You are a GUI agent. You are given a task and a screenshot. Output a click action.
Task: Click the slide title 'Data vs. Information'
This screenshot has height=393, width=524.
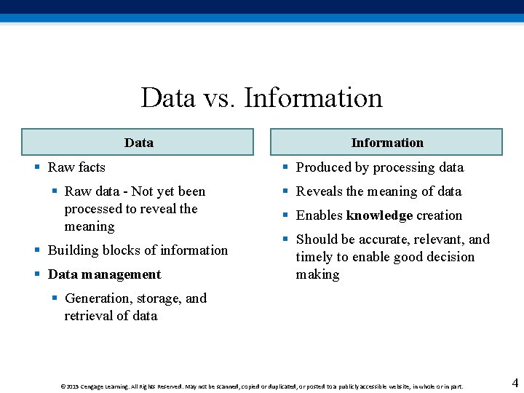[261, 98]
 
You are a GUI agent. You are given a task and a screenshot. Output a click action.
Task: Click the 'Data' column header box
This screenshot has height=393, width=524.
[138, 142]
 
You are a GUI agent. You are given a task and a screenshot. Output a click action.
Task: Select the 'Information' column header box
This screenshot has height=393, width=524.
[386, 142]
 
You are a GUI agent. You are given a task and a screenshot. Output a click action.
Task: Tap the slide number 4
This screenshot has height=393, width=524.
[515, 383]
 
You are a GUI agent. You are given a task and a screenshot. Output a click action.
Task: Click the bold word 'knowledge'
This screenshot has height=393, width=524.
[379, 215]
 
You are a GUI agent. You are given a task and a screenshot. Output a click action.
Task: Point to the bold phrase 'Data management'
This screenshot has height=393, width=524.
[104, 274]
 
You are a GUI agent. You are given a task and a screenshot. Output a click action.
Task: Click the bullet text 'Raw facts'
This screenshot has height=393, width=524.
[76, 167]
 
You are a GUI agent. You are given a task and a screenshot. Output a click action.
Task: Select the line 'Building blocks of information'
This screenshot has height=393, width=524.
[138, 250]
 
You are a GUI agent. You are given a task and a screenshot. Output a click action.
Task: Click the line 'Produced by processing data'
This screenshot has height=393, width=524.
[379, 167]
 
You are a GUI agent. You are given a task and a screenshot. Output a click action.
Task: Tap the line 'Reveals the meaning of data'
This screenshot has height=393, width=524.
[378, 191]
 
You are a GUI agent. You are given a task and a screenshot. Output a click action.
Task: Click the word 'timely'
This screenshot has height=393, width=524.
[312, 257]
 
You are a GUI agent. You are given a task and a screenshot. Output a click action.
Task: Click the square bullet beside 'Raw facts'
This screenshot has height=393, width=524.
[37, 167]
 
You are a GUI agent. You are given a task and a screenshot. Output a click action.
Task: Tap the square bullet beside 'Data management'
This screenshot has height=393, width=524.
[37, 274]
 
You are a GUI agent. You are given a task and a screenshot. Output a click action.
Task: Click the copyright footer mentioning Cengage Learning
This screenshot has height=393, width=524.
[262, 386]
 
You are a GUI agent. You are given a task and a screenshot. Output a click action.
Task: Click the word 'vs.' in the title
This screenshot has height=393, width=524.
[220, 98]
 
